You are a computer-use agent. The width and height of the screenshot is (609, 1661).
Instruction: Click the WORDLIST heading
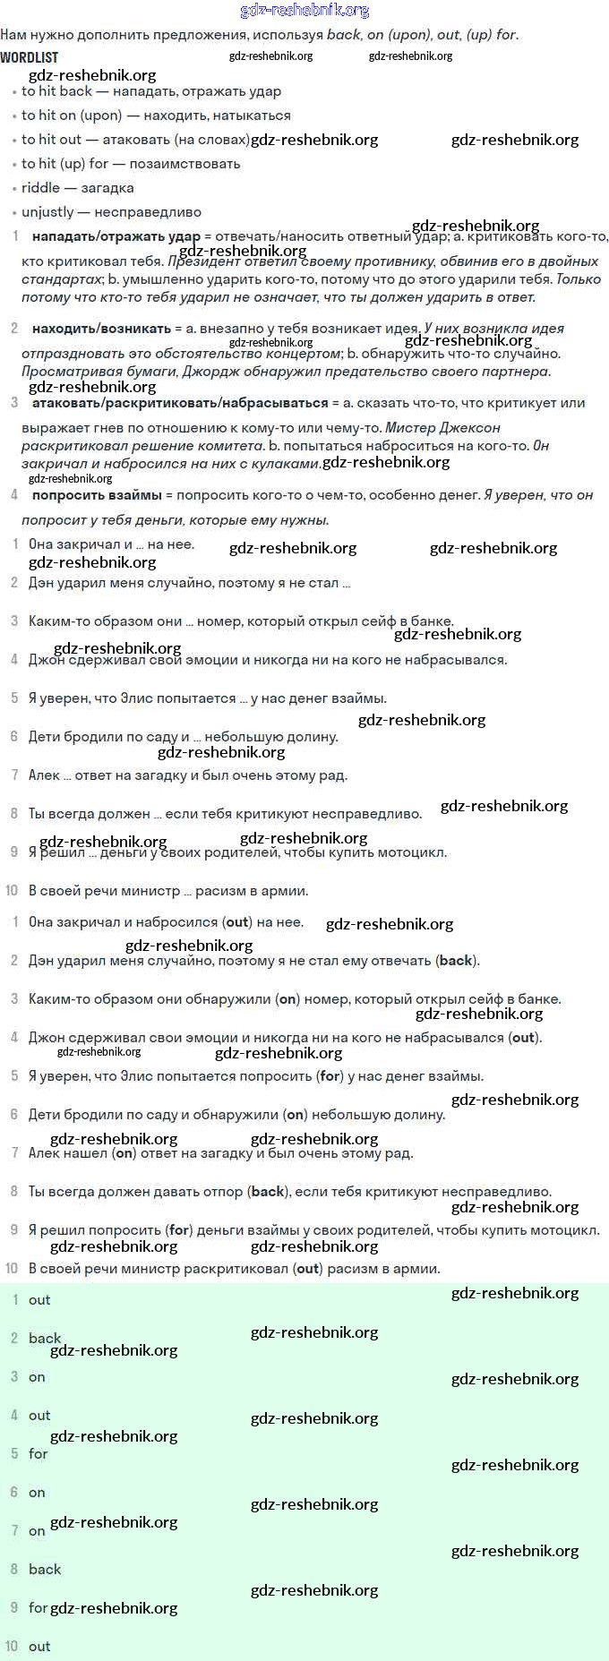point(30,57)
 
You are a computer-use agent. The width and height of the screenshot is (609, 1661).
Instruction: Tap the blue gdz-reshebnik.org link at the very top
point(304,10)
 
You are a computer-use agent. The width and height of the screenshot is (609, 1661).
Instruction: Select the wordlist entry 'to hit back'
point(56,91)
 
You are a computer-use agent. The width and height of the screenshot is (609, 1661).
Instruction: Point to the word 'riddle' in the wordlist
point(40,188)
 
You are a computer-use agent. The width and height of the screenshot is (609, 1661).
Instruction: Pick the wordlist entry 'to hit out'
point(51,140)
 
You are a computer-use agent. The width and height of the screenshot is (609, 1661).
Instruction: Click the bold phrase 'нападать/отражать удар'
point(116,237)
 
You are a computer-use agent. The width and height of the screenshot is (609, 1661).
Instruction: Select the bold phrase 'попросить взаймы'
point(97,495)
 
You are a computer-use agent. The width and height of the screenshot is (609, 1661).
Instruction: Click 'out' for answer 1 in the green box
point(39,1300)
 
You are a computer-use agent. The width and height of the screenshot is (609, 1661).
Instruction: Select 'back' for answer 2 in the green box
point(45,1339)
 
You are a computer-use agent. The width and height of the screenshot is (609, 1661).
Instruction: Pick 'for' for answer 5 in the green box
point(38,1454)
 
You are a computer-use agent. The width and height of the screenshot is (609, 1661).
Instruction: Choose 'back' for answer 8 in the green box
point(45,1570)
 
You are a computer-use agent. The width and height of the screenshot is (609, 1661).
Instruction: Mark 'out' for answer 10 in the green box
point(39,1647)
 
